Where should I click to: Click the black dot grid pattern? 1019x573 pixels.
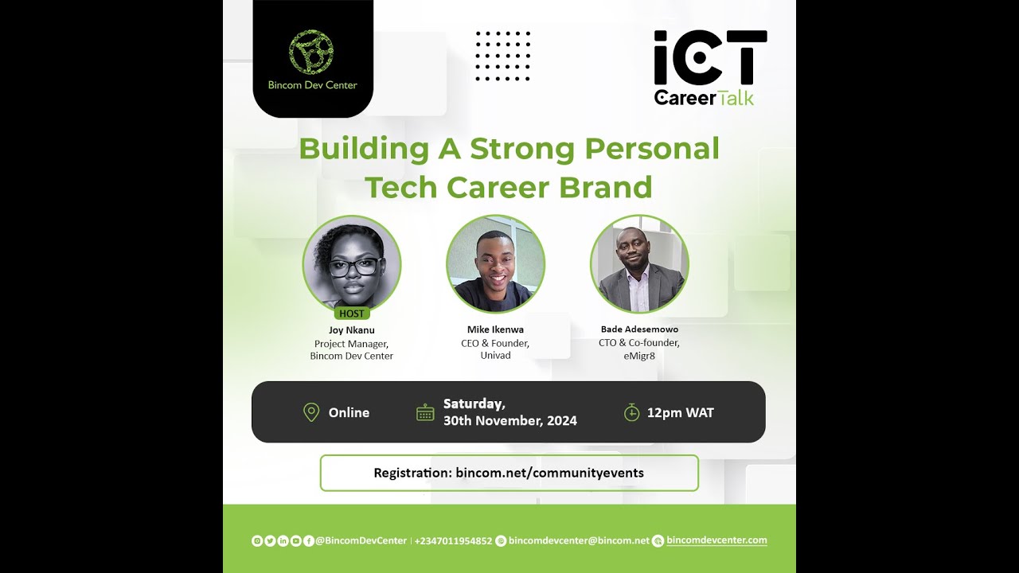click(x=502, y=57)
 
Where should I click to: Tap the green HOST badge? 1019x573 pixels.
click(x=351, y=314)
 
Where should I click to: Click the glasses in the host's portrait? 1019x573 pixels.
click(x=353, y=267)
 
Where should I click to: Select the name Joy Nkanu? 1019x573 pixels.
click(x=351, y=329)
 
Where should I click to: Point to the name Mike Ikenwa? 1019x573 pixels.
click(x=495, y=329)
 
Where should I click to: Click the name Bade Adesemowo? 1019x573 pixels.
click(x=639, y=329)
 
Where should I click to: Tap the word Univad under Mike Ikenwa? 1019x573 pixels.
click(x=495, y=355)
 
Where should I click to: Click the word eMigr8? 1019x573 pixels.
click(x=639, y=355)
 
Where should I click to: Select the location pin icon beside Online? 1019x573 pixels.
click(x=311, y=412)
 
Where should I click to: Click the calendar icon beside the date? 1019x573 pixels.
click(x=425, y=412)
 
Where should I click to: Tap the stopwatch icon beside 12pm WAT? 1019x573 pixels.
click(x=631, y=412)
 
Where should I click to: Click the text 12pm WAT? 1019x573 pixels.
click(x=680, y=412)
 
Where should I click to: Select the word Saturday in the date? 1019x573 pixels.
click(x=474, y=403)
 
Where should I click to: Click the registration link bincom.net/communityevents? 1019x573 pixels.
click(x=549, y=473)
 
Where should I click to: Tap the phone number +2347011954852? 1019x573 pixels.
click(x=453, y=541)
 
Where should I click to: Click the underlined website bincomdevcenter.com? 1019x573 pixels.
click(x=716, y=540)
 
